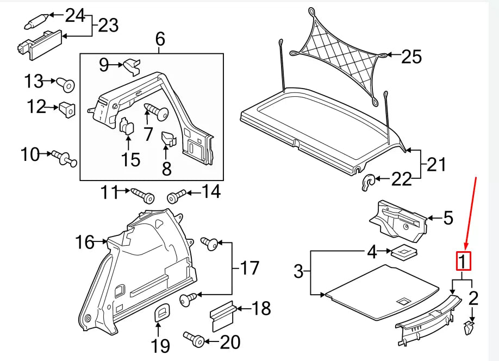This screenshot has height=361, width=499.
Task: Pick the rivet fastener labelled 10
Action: pyautogui.click(x=64, y=158)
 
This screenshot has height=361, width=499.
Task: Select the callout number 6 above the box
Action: pyautogui.click(x=159, y=39)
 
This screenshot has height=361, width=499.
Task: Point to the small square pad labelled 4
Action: pyautogui.click(x=403, y=252)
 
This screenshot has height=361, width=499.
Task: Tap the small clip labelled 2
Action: pyautogui.click(x=470, y=327)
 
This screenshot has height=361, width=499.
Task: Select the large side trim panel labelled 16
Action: pyautogui.click(x=141, y=272)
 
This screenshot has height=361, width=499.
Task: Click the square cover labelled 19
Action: pyautogui.click(x=161, y=314)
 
